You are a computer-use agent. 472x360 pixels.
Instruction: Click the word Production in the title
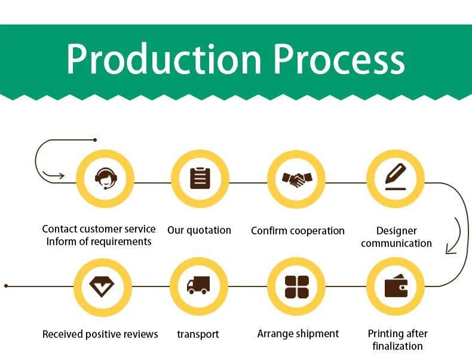tap(164, 59)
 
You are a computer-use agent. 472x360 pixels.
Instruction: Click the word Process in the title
tap(339, 59)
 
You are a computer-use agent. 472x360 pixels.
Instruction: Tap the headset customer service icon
tap(106, 178)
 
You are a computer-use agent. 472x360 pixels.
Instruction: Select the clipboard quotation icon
tap(200, 178)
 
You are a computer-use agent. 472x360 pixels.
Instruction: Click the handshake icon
tap(296, 178)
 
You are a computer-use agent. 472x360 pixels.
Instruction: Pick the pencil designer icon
tap(395, 177)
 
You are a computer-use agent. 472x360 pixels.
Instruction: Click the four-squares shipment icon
tap(296, 286)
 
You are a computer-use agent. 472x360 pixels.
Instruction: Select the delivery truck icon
tap(198, 285)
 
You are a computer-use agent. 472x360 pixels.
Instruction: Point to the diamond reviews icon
tap(102, 286)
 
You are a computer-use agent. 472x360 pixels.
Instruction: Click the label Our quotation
tap(199, 230)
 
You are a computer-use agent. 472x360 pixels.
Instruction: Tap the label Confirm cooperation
tap(298, 231)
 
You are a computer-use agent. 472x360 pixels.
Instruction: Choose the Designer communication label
tap(396, 237)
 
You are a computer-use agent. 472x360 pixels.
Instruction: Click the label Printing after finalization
tap(397, 340)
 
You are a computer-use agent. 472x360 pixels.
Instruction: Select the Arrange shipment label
tap(298, 334)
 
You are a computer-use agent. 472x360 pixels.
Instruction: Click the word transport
tap(198, 334)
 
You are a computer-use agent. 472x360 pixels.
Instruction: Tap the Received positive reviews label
tap(100, 334)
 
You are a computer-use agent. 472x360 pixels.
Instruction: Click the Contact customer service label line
tap(99, 229)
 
